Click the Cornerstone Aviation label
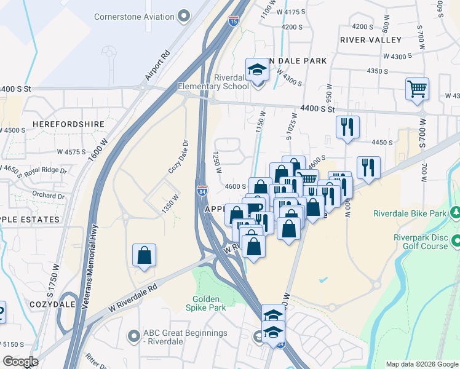[x=133, y=17]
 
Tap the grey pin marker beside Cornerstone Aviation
[x=183, y=17]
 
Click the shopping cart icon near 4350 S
[x=417, y=89]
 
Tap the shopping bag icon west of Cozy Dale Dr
[x=144, y=255]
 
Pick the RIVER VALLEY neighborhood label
[x=370, y=40]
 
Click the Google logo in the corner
[x=20, y=362]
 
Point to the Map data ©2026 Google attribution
[x=421, y=364]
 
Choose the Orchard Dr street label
[x=49, y=196]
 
